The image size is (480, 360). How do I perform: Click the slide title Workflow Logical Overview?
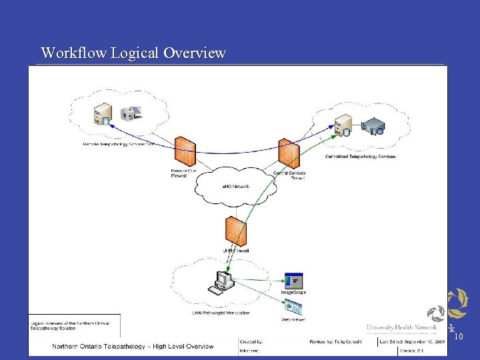(x=133, y=53)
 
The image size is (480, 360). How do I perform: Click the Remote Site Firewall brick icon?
(x=184, y=153)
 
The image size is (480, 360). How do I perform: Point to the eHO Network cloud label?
(x=235, y=187)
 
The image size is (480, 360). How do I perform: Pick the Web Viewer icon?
(x=293, y=309)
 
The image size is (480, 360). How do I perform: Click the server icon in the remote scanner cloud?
(x=104, y=115)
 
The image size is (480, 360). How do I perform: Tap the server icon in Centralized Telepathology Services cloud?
(x=343, y=125)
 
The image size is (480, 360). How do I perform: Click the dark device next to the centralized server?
(x=373, y=126)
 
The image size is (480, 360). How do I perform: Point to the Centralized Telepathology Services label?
(x=360, y=157)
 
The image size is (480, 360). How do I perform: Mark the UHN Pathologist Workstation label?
(x=220, y=313)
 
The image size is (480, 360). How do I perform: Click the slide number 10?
(x=458, y=337)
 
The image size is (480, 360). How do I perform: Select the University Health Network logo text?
(x=401, y=327)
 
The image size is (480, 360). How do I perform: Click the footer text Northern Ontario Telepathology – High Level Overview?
(x=133, y=346)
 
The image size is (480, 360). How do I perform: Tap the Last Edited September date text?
(x=412, y=341)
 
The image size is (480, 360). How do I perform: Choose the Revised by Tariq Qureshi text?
(x=334, y=341)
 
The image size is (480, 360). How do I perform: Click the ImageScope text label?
(x=293, y=293)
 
